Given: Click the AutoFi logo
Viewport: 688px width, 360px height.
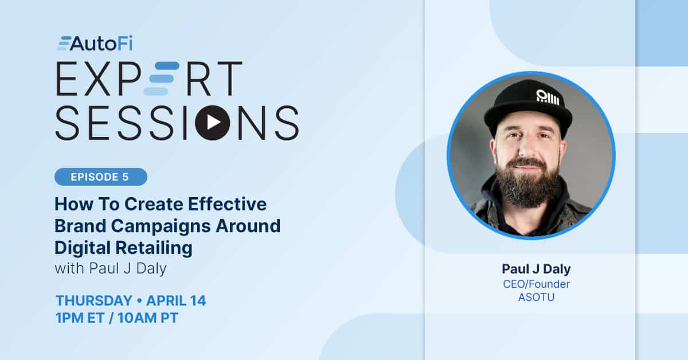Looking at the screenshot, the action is click(x=95, y=44).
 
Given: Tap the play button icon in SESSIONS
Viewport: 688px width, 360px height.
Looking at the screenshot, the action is click(x=213, y=123).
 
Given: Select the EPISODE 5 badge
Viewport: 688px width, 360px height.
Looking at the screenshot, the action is click(x=101, y=177).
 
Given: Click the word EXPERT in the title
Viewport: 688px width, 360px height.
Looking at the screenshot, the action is click(x=149, y=79).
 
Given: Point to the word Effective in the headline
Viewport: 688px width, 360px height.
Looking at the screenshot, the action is click(x=227, y=204).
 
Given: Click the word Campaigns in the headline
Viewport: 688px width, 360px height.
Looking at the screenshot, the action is click(x=161, y=226).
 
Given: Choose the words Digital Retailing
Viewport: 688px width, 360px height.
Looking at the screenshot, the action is click(x=123, y=248).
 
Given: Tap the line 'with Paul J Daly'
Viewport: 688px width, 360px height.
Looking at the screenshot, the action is click(x=111, y=268).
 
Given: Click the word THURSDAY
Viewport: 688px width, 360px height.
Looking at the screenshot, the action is click(x=94, y=301).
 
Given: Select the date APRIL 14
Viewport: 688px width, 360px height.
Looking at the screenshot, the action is click(x=176, y=301).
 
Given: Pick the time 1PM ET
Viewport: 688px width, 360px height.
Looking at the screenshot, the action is click(x=80, y=318).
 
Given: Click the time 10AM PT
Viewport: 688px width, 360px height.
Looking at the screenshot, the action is click(x=148, y=318).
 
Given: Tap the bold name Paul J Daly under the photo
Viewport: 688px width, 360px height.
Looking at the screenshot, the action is click(x=536, y=269).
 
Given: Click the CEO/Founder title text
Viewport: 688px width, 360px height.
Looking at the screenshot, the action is click(x=536, y=284).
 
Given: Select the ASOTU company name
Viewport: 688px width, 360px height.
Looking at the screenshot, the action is click(x=536, y=298).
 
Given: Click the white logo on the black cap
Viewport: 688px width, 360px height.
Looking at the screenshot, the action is click(x=548, y=97).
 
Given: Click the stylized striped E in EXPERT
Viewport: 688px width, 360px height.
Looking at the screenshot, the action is click(x=161, y=79).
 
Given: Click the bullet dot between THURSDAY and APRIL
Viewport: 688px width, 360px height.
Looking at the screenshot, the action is click(x=139, y=301).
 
